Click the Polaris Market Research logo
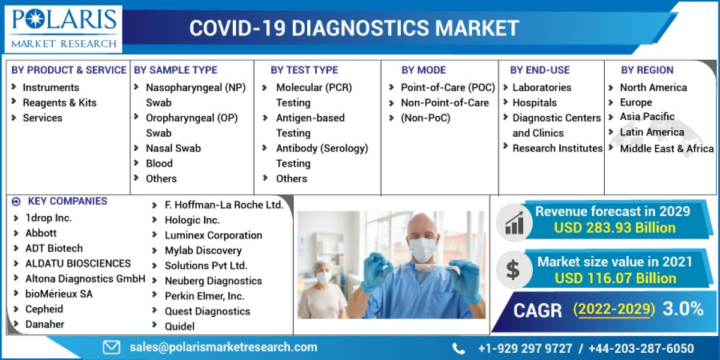63,28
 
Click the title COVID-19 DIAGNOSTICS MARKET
354,28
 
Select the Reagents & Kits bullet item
59,103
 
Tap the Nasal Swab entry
173,148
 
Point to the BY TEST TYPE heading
304,70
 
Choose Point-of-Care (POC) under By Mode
448,88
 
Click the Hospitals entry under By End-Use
534,103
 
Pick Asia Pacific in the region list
647,116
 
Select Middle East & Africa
667,148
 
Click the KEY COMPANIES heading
67,202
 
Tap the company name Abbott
41,233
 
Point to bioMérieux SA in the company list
59,294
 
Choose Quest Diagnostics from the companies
207,311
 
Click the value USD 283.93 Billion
614,228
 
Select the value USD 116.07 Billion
615,278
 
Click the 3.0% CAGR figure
683,309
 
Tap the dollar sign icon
512,270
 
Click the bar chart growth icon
514,221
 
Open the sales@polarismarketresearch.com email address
223,347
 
